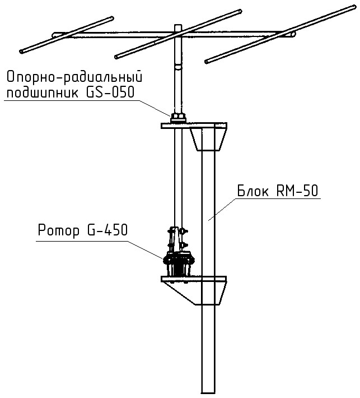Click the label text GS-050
pos(110,92)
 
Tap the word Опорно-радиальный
pos(72,76)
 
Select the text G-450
pos(106,230)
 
